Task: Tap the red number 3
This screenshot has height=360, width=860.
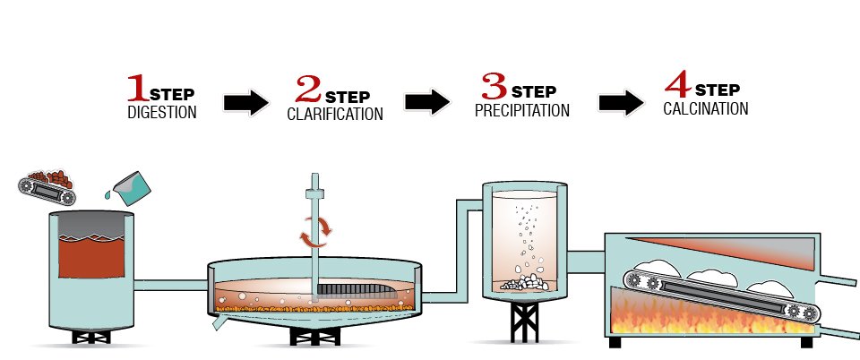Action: click(x=494, y=87)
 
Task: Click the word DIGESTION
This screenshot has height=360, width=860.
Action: click(x=162, y=113)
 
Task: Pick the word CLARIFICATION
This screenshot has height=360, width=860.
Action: click(x=334, y=115)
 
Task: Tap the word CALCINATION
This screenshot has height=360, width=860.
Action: click(x=706, y=109)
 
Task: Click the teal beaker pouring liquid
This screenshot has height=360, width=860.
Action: click(x=133, y=185)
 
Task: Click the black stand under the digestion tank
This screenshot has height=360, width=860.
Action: click(x=90, y=338)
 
